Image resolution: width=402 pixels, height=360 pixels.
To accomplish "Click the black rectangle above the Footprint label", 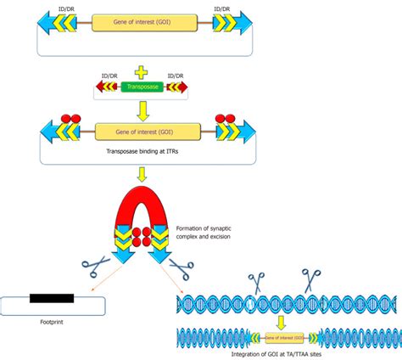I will point(51,298).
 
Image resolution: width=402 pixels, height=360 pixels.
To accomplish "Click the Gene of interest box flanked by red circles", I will point(148,131).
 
